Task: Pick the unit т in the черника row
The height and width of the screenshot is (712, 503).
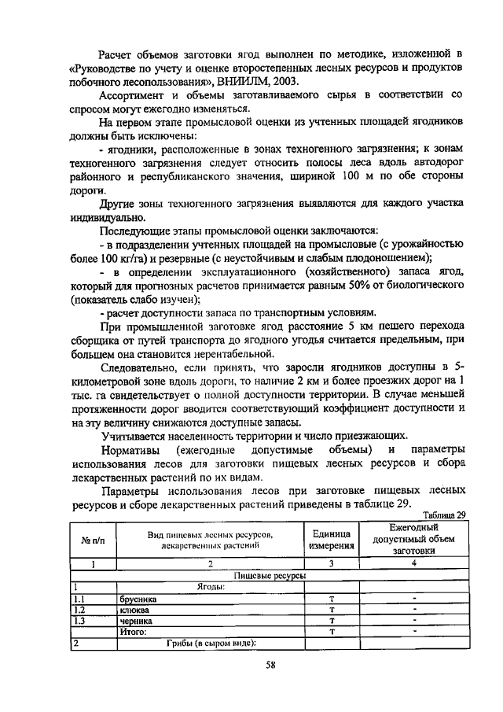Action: pyautogui.click(x=332, y=620)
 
